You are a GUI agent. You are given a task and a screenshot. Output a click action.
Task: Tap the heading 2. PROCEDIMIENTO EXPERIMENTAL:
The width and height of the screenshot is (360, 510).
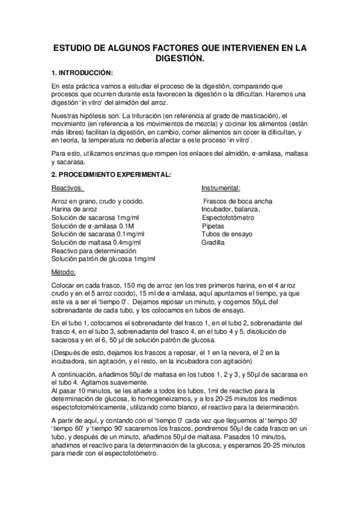(111, 175)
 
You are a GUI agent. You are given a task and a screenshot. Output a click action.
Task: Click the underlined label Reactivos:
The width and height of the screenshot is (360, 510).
(67, 188)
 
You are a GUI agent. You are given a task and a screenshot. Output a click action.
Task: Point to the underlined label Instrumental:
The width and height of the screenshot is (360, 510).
(221, 188)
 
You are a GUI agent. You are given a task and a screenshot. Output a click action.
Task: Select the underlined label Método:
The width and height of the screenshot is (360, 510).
(64, 272)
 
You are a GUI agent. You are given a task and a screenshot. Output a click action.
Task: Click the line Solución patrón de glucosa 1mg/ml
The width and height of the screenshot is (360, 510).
(103, 259)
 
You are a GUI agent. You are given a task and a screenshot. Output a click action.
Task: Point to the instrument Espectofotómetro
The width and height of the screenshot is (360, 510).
(228, 217)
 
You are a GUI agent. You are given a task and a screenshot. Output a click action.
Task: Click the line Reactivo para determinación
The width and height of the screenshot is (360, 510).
(94, 251)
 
